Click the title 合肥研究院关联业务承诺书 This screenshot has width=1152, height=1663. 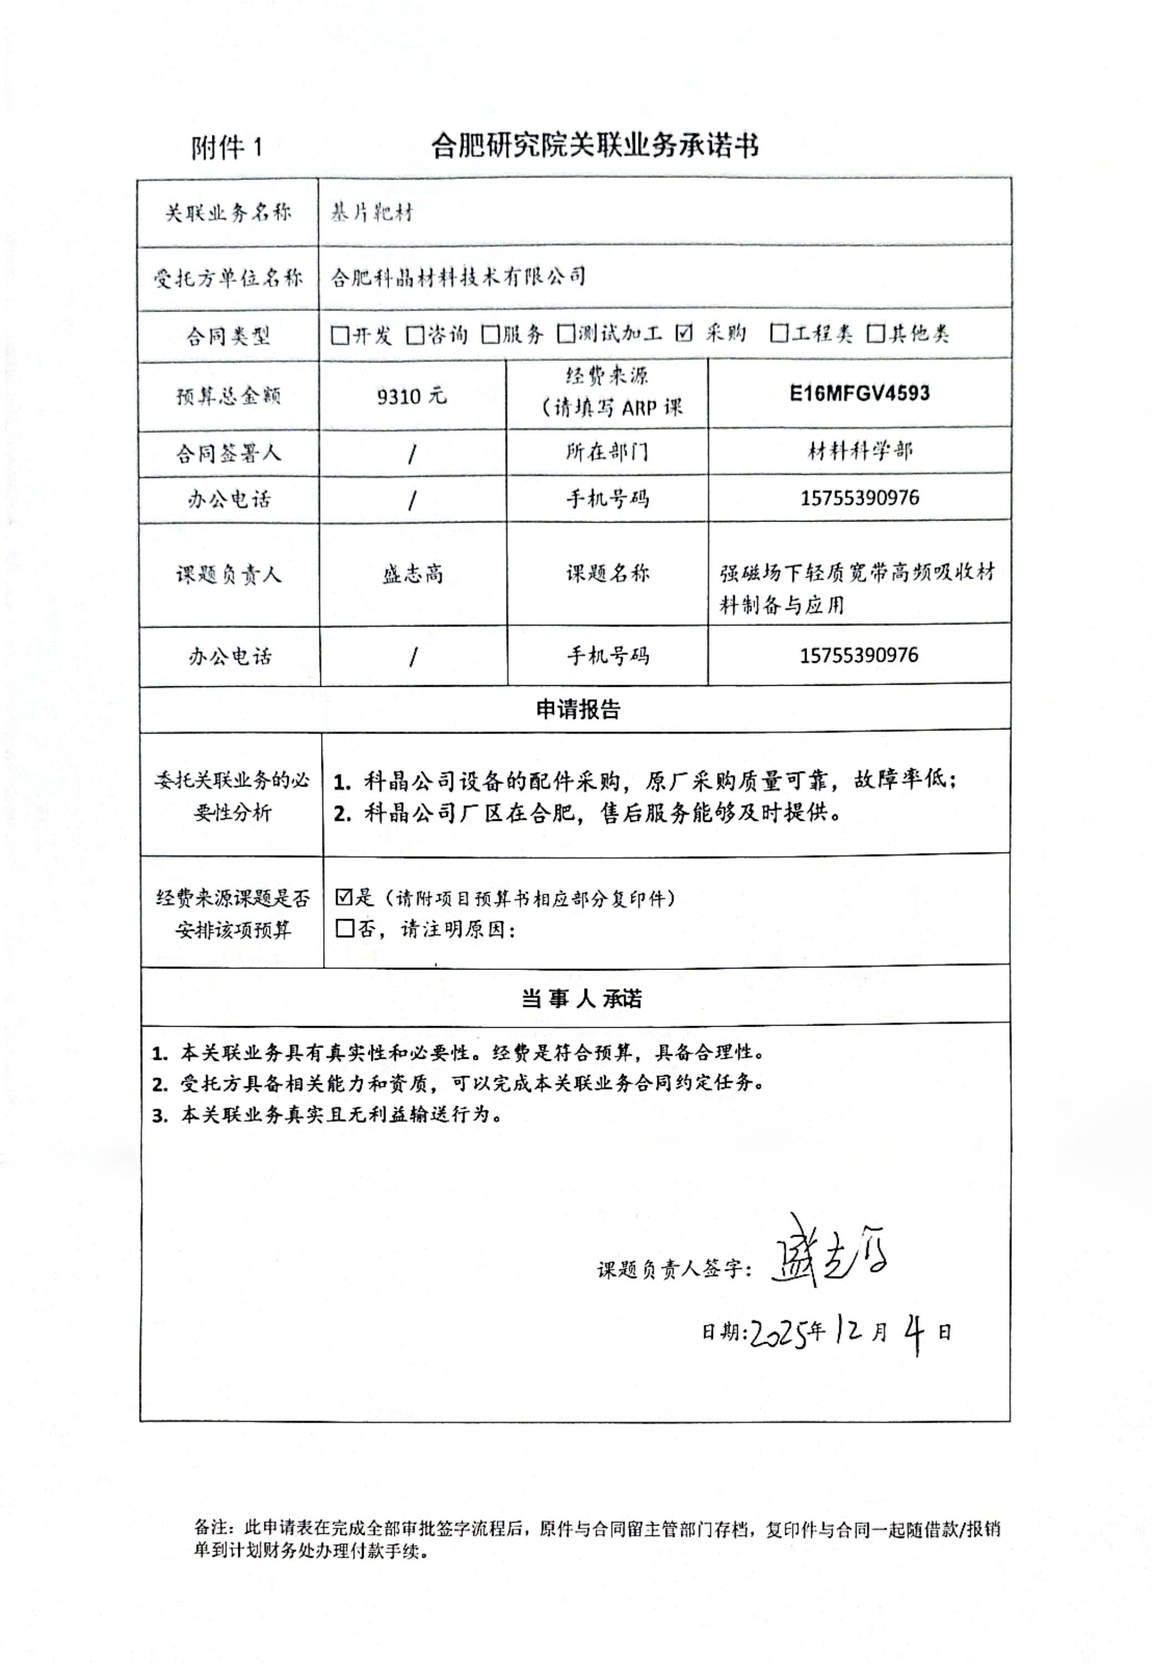click(594, 146)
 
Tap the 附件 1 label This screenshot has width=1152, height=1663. click(227, 149)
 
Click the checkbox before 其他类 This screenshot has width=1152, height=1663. click(875, 334)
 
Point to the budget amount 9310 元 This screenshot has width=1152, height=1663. click(411, 396)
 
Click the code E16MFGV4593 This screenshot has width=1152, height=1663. click(859, 394)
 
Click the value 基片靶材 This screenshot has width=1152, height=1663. click(372, 213)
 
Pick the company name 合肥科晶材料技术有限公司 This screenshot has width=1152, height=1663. click(457, 277)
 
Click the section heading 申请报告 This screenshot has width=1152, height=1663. click(578, 710)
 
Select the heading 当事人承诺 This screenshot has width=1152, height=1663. click(581, 999)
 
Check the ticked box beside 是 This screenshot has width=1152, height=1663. click(344, 897)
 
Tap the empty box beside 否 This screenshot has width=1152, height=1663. click(344, 928)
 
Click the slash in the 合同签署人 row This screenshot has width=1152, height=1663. click(412, 454)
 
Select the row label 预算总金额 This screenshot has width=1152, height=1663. click(228, 396)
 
